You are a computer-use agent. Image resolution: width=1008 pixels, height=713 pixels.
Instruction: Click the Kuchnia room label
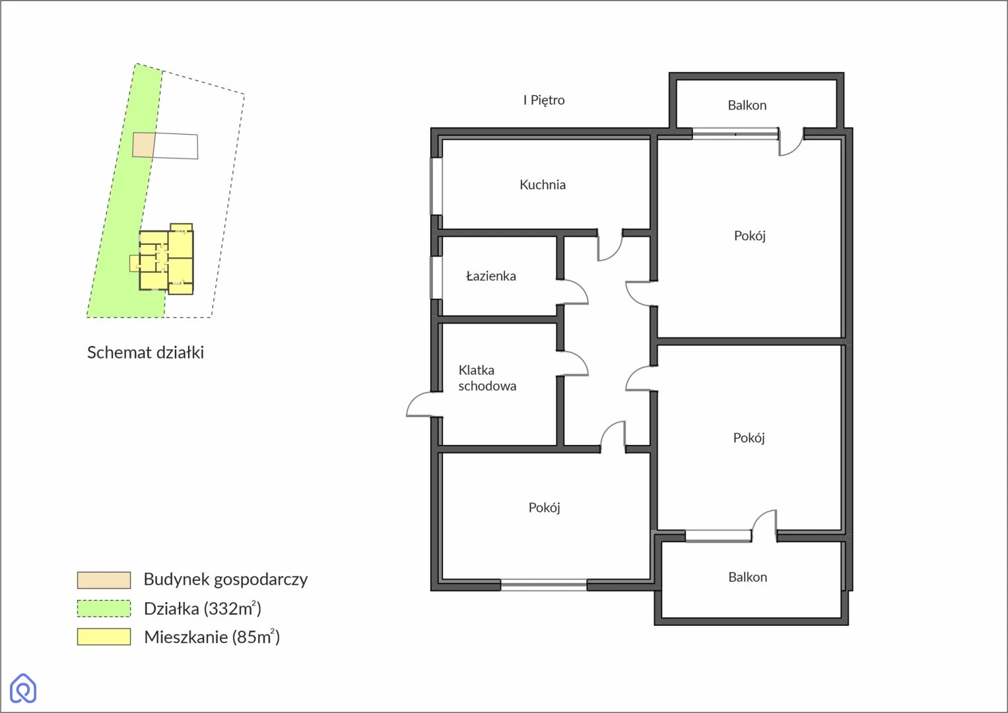(x=542, y=185)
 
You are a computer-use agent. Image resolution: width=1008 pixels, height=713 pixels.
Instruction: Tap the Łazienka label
(x=491, y=275)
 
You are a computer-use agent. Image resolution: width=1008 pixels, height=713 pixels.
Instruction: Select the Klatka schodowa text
(x=487, y=378)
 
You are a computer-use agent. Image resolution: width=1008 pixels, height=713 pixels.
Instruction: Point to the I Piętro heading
(x=543, y=100)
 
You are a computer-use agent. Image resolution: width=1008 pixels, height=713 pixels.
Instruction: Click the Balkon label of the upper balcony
(x=747, y=105)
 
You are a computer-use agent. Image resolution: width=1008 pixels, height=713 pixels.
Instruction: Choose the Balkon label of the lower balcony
(x=747, y=577)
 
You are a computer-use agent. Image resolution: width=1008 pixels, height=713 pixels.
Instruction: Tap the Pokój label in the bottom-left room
(x=544, y=508)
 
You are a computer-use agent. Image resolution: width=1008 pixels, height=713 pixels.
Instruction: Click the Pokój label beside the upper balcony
(x=750, y=236)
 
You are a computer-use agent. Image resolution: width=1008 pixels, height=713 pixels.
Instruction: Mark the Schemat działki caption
(x=145, y=353)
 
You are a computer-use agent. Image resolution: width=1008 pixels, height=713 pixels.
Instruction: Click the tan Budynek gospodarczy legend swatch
(x=104, y=580)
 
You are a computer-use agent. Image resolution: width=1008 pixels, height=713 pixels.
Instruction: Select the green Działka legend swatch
(x=104, y=609)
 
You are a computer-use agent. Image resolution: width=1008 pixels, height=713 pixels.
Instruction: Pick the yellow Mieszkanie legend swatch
(x=104, y=637)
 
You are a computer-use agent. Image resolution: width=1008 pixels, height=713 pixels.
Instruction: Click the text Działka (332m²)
(x=203, y=609)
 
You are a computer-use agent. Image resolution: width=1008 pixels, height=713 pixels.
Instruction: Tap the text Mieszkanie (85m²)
(x=212, y=637)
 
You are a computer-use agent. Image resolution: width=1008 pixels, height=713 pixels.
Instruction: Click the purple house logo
(x=23, y=688)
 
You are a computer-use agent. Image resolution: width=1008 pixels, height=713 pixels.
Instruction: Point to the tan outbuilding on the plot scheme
(x=143, y=145)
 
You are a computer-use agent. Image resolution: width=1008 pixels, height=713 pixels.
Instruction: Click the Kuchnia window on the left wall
(x=436, y=186)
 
